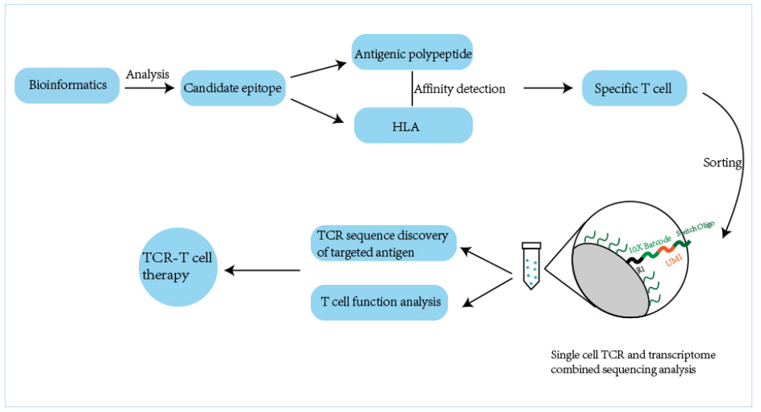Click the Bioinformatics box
point(68,85)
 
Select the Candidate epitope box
point(232,88)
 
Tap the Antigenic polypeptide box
point(412,54)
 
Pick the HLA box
point(412,125)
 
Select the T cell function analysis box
point(380,302)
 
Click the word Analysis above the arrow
point(147,73)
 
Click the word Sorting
point(722,163)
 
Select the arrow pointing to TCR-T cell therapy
point(263,271)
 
